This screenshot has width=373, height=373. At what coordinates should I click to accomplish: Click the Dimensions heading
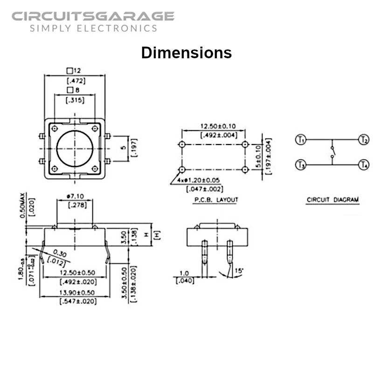186,52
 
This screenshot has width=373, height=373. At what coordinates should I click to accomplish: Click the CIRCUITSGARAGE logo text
93,16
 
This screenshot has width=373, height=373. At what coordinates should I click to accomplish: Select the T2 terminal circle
364,139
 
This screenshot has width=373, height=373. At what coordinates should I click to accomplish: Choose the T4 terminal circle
364,164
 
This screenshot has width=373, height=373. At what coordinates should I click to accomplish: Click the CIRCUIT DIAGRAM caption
332,200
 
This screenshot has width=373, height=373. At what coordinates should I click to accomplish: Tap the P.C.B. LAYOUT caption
216,200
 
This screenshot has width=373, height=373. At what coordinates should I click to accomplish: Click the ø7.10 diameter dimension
76,197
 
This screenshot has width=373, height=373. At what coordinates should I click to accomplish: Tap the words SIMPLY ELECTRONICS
93,28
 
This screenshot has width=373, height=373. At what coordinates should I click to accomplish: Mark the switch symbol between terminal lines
332,152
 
